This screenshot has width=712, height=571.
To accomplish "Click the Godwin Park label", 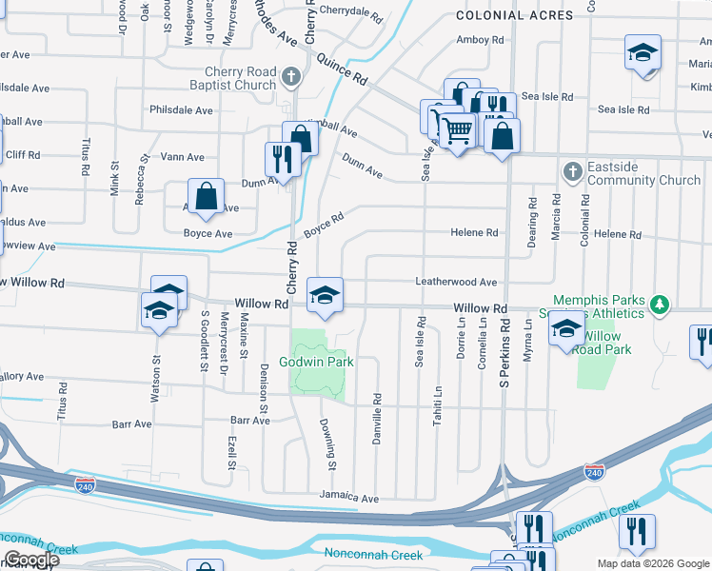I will (315, 362).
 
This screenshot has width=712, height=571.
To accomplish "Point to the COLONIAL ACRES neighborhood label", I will (514, 15).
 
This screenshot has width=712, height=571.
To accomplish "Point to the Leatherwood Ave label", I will (456, 282).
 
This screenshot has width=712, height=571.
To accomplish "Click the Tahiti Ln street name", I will (439, 405).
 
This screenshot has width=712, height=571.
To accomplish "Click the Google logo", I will (30, 560).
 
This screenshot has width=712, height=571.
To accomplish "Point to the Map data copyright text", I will (652, 563).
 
